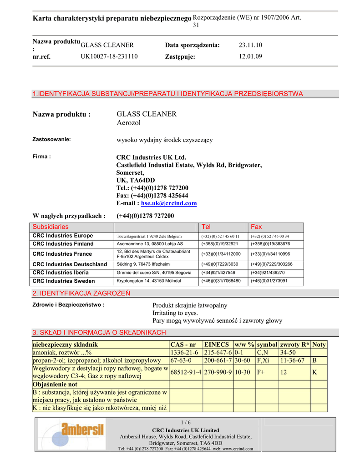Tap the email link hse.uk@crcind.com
(169, 203)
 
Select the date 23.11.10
(250, 45)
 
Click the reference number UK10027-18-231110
(109, 56)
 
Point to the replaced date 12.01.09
(250, 57)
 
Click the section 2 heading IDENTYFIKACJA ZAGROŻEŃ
(81, 293)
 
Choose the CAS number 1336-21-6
(184, 353)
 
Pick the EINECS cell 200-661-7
(218, 360)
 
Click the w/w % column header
(244, 344)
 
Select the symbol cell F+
(261, 372)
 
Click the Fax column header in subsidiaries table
(257, 227)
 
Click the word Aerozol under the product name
(129, 123)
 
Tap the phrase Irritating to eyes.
(175, 313)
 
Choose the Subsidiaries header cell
(51, 227)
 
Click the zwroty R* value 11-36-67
(292, 360)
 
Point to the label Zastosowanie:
(52, 139)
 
